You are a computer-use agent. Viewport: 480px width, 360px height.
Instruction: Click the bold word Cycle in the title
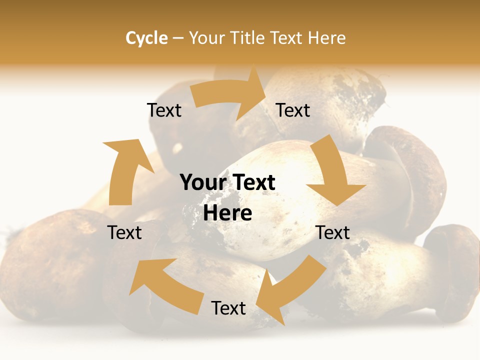[146, 38]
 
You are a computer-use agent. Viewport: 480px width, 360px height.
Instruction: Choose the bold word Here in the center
[227, 213]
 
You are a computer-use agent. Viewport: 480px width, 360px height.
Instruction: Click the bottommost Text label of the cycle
[228, 308]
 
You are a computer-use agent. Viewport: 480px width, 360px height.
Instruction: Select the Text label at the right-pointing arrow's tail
[164, 110]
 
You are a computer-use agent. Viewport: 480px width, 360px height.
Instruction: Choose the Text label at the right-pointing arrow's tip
[293, 110]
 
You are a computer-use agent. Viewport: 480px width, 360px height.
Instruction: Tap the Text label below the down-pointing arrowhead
[332, 232]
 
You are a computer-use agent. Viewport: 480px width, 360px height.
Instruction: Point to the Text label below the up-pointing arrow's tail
[124, 232]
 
